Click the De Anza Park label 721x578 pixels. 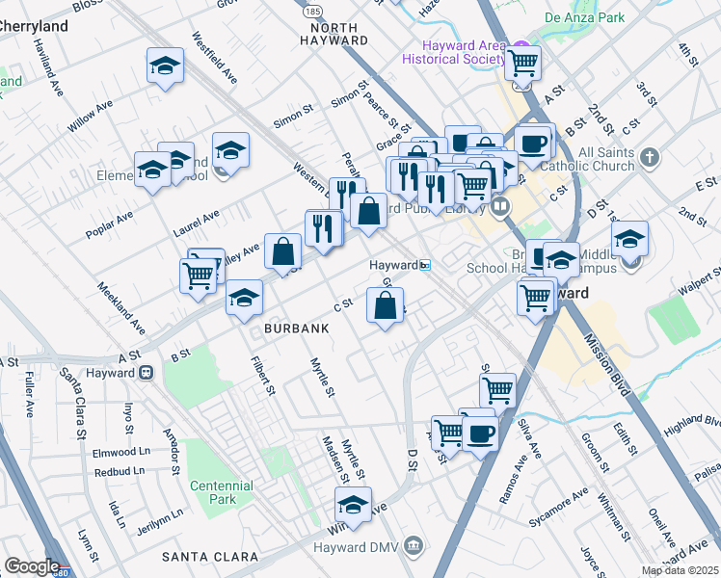584,17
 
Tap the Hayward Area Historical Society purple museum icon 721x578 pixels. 520,47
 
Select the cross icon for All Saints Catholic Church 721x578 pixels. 652,156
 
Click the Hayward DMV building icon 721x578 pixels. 414,545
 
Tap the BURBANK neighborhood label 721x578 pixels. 297,328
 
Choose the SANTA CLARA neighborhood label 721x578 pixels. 209,557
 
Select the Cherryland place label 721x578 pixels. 34,26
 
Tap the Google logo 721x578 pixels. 31,566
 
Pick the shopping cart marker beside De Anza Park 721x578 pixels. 522,64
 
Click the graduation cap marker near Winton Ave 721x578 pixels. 354,506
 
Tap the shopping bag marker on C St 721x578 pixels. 385,306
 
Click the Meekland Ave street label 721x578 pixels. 121,306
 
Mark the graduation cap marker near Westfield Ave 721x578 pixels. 165,66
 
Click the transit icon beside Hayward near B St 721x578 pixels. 147,373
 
